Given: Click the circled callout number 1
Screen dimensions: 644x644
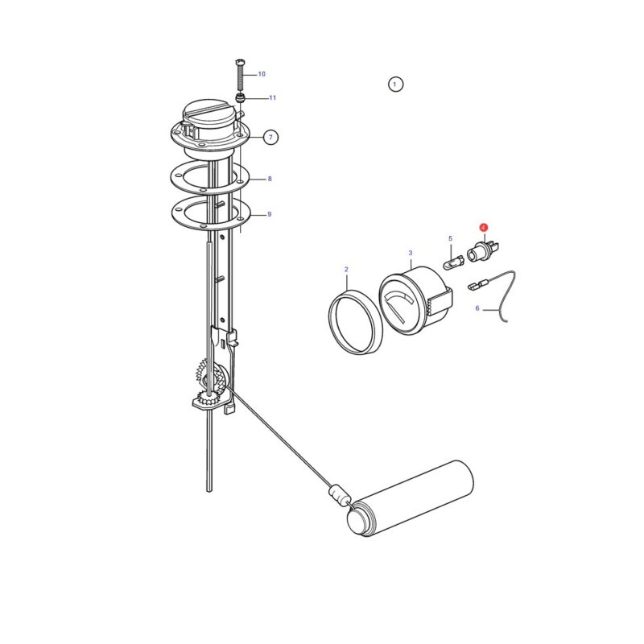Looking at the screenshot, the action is click(395, 85).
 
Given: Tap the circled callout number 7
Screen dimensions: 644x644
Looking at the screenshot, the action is click(270, 137).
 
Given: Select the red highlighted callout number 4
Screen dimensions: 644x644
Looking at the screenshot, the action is click(484, 227).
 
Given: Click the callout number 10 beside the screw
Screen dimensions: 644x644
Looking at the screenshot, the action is click(262, 74).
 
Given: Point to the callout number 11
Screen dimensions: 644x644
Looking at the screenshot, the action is click(272, 97).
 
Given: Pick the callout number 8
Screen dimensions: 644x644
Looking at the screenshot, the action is click(270, 179).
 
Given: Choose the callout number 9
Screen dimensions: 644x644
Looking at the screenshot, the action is click(270, 214).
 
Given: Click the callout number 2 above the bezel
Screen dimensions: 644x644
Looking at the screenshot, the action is click(346, 270).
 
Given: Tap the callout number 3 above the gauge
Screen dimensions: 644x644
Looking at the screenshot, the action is click(411, 253).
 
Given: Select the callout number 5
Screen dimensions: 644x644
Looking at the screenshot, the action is click(450, 238).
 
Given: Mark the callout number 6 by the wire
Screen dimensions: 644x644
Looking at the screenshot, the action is click(477, 308).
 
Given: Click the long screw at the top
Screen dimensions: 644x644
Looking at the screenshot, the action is click(240, 75).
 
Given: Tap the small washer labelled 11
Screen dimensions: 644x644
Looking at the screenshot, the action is click(240, 97).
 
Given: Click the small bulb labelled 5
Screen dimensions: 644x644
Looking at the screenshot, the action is click(453, 262).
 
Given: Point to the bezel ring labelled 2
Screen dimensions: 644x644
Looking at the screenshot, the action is click(356, 321).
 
